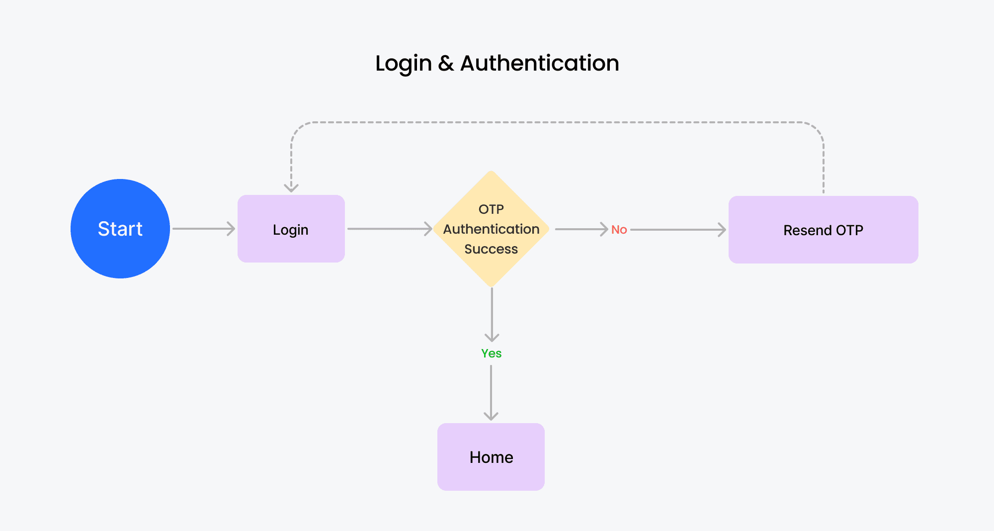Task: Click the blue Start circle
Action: tap(120, 229)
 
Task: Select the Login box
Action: tap(291, 229)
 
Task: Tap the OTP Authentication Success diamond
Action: tap(491, 229)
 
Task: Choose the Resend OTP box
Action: tap(824, 230)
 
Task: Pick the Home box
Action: tap(491, 457)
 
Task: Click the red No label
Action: tap(619, 230)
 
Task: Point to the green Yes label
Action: tap(492, 354)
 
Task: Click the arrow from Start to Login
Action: tap(204, 229)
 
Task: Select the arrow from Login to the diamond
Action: tap(390, 229)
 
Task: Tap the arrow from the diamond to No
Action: tap(581, 229)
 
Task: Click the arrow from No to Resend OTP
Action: tap(678, 230)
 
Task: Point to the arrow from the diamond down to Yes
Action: tap(492, 315)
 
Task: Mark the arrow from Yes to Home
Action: tap(491, 393)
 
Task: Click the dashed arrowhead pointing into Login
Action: tap(291, 188)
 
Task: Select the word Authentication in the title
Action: tap(540, 63)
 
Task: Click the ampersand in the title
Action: tap(446, 64)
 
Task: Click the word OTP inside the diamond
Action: tap(491, 209)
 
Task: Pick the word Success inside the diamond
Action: tap(491, 249)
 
